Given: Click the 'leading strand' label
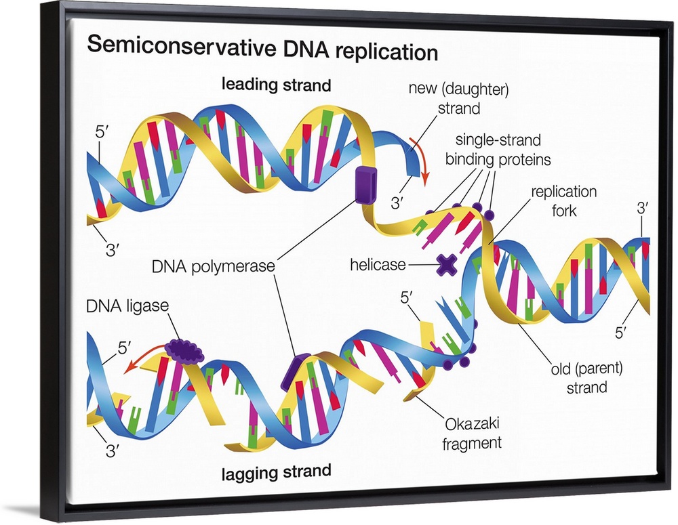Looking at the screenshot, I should (x=277, y=85).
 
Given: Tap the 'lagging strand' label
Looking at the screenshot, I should (x=277, y=471).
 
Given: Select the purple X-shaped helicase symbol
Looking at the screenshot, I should (x=445, y=265).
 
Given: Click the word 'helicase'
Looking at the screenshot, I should (x=378, y=265).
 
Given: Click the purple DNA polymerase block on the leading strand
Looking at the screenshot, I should (x=364, y=184).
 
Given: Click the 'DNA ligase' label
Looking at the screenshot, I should (x=127, y=306).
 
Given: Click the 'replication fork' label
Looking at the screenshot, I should (x=563, y=201).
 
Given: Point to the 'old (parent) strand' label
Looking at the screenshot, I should (x=586, y=378).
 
